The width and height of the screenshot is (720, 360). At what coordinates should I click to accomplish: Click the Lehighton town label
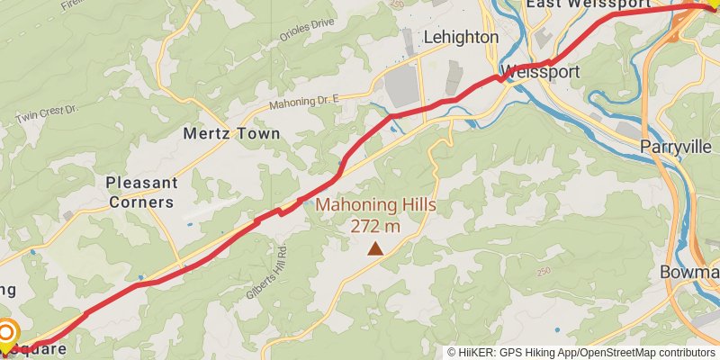coord(460,38)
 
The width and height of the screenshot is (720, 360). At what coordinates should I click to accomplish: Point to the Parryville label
coord(677,146)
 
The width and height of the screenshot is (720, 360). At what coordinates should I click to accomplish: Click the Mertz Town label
coord(231,133)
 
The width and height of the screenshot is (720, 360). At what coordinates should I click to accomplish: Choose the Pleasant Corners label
coord(140,192)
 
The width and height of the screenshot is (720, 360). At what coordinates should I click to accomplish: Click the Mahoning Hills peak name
coord(375,205)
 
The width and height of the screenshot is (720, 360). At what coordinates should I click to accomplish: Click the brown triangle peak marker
coord(374,247)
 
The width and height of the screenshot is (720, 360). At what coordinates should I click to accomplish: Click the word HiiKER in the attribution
coord(478,353)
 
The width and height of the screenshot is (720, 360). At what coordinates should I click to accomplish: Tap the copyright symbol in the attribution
coord(452,353)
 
